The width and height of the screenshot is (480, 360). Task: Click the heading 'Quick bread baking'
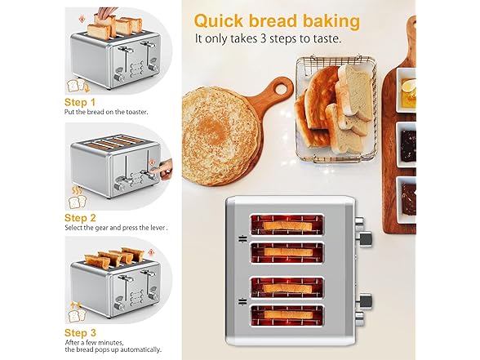tap(277, 21)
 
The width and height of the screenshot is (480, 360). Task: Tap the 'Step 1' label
tap(80, 102)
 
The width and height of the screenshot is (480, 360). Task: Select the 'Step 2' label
tap(80, 218)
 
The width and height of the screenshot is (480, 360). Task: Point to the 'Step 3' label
tap(80, 333)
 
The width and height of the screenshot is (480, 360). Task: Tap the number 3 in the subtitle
tap(261, 39)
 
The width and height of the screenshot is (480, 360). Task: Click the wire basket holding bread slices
tap(336, 109)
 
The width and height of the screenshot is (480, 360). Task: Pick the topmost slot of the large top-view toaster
tap(287, 224)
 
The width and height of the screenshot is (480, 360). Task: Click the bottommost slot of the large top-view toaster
tap(287, 316)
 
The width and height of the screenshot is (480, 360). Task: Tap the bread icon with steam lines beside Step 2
tap(77, 198)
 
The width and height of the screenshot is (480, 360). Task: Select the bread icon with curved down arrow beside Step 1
tap(78, 86)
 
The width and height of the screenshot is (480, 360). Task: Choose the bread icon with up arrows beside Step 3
tap(77, 312)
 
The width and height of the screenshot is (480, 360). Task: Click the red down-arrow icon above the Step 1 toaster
tap(82, 20)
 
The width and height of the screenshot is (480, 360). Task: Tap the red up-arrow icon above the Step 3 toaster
tap(150, 253)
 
